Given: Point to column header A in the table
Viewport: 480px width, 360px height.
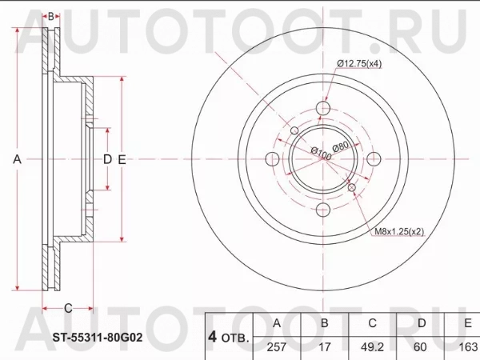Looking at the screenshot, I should coord(276,323).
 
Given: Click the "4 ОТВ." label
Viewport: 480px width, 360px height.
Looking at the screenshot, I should coord(228,335).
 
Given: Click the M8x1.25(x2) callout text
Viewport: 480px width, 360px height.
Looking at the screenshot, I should coord(401,232).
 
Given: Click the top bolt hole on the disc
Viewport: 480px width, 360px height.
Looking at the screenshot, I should coord(324,109).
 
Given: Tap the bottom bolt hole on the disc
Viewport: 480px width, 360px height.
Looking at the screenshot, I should coord(324,210).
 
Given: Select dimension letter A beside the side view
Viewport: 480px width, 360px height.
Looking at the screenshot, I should coord(17,159).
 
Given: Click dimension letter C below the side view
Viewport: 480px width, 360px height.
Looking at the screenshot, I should coord(68,307).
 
